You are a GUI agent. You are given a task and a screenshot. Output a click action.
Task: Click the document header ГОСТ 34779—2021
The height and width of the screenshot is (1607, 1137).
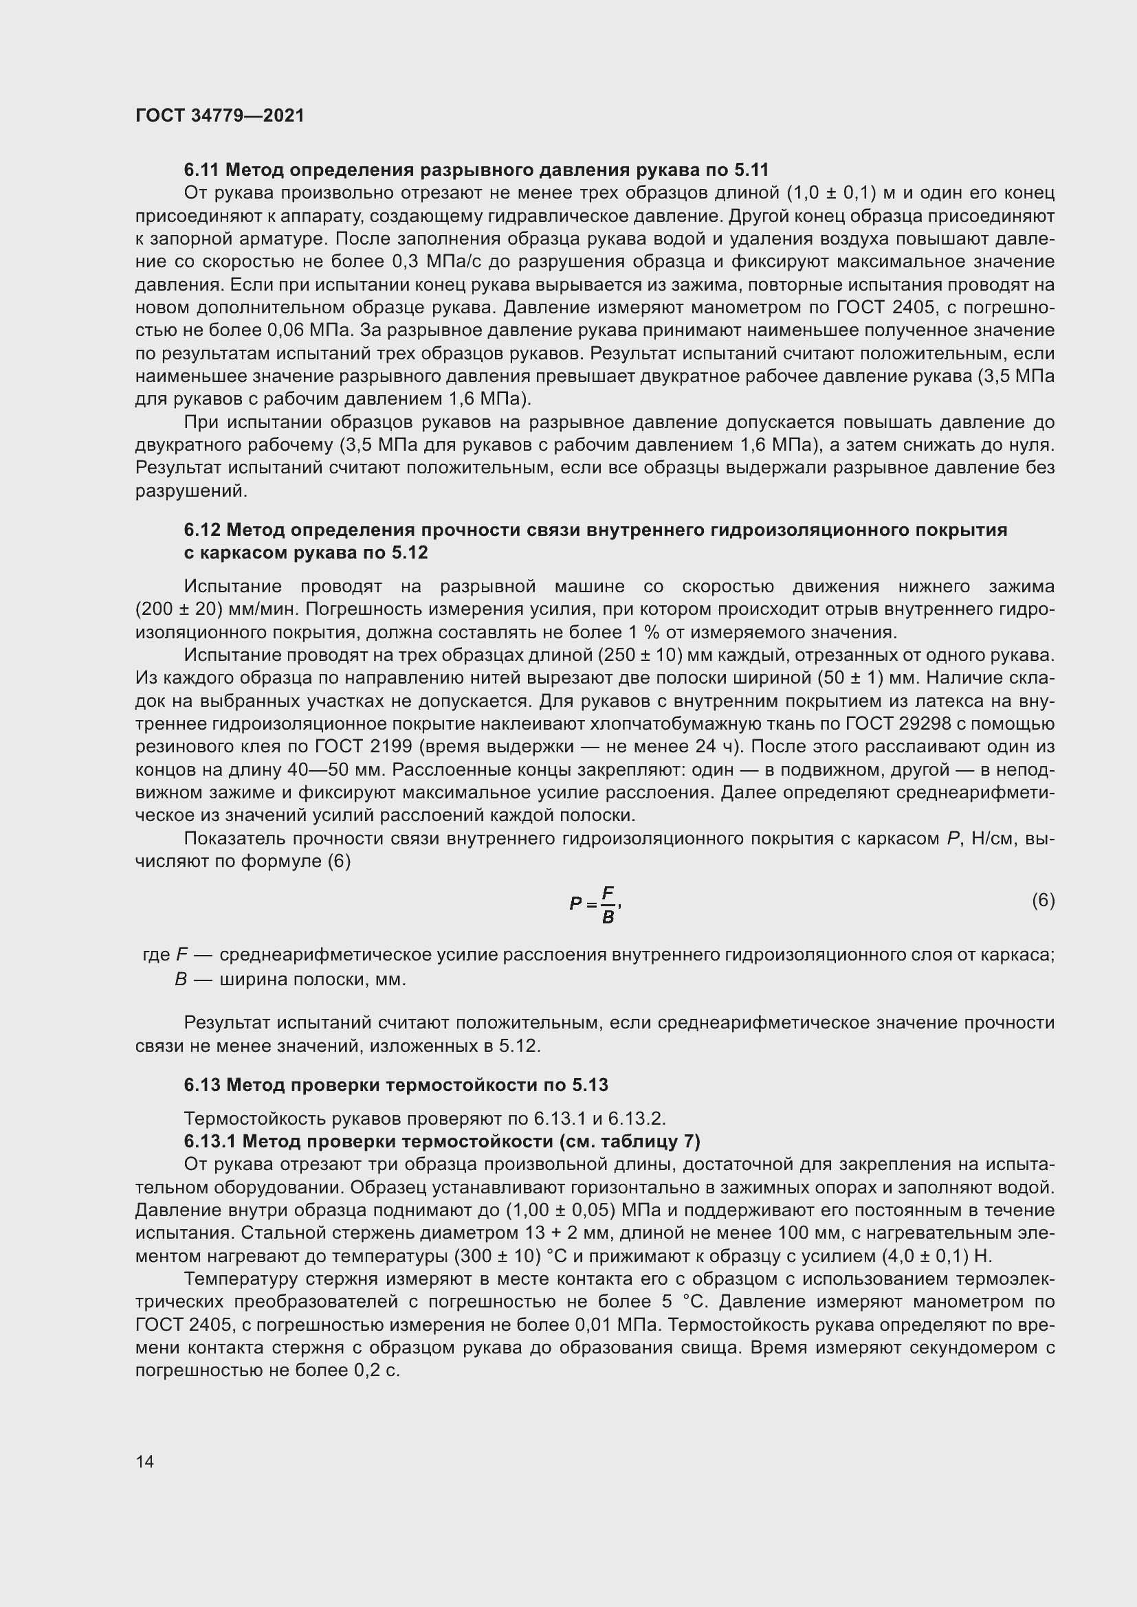pos(220,115)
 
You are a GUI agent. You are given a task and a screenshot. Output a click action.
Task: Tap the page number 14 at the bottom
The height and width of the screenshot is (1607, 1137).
pos(145,1461)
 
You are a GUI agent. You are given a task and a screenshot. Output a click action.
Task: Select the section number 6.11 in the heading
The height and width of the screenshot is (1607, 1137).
pos(201,170)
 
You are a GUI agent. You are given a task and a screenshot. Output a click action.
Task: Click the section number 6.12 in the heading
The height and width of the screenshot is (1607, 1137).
pos(201,530)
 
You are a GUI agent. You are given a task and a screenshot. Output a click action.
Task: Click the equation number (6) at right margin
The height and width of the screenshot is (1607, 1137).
pos(1043,900)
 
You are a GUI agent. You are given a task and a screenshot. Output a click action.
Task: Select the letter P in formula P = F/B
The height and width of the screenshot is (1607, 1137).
pos(575,903)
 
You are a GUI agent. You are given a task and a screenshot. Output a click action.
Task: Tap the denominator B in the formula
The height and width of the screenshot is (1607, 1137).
pos(608,917)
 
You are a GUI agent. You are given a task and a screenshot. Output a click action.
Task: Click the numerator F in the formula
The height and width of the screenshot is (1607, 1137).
pos(608,892)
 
